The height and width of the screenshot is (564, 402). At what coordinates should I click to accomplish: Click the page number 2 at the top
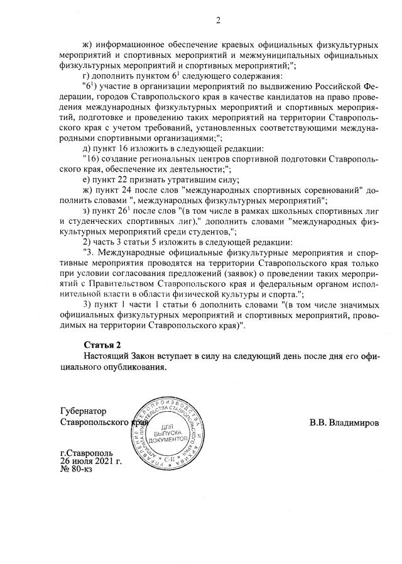[218, 20]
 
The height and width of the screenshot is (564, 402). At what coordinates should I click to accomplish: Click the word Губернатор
[83, 411]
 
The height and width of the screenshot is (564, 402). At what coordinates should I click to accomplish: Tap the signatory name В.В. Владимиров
[344, 423]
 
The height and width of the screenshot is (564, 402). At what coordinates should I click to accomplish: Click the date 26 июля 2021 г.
[91, 461]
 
